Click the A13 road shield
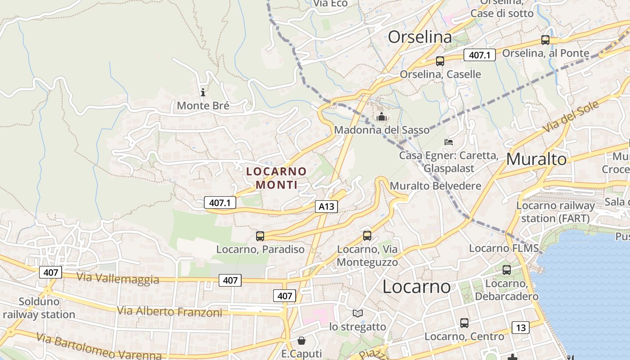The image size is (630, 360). pyautogui.click(x=326, y=207)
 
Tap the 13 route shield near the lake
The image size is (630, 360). pyautogui.click(x=521, y=328)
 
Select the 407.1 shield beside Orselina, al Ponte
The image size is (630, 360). pyautogui.click(x=479, y=55)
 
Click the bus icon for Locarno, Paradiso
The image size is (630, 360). pyautogui.click(x=260, y=236)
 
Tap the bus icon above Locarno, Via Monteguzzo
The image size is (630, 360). pyautogui.click(x=367, y=235)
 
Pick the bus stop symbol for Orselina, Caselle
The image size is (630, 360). pyautogui.click(x=440, y=61)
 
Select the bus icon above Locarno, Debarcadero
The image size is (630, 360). pyautogui.click(x=507, y=270)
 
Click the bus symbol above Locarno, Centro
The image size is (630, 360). pyautogui.click(x=464, y=323)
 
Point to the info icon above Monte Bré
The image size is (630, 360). pyautogui.click(x=203, y=93)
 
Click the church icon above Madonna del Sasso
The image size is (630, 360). pyautogui.click(x=382, y=117)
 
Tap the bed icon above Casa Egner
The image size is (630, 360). pyautogui.click(x=449, y=142)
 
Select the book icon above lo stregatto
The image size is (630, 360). pyautogui.click(x=358, y=313)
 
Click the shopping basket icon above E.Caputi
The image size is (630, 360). pyautogui.click(x=301, y=341)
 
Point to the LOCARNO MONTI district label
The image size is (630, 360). pyautogui.click(x=276, y=178)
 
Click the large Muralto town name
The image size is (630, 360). pyautogui.click(x=536, y=159)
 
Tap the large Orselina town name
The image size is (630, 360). pyautogui.click(x=419, y=37)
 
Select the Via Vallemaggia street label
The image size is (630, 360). pyautogui.click(x=118, y=279)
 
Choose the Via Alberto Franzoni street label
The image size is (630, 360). pyautogui.click(x=170, y=311)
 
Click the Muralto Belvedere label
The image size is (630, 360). pyautogui.click(x=435, y=186)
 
